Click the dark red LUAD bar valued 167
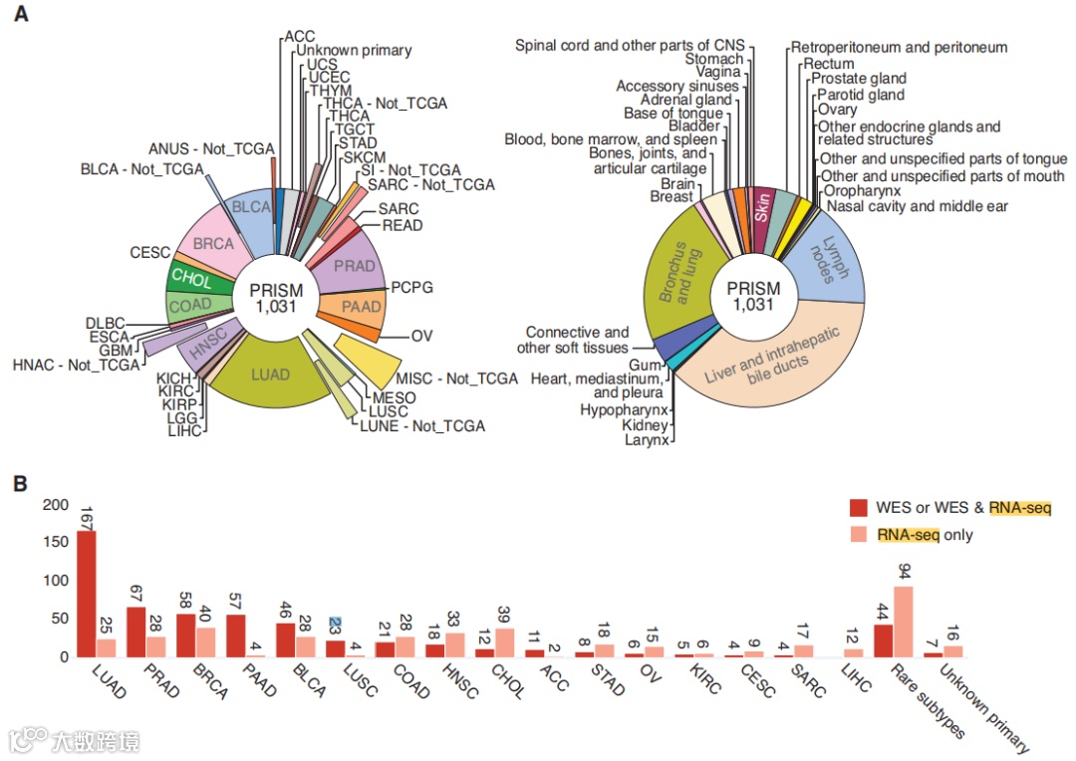point(87,594)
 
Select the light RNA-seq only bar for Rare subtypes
point(904,622)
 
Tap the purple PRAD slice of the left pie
point(355,268)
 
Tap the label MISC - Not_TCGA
point(457,379)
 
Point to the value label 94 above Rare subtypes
point(904,571)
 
